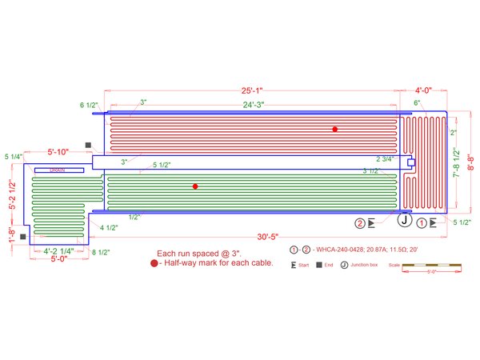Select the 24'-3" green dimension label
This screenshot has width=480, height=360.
(x=253, y=104)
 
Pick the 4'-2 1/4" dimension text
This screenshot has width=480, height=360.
(x=58, y=251)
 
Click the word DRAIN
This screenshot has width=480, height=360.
(x=57, y=170)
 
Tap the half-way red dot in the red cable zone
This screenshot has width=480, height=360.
(x=335, y=129)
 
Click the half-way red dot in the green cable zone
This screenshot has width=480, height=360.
(x=195, y=186)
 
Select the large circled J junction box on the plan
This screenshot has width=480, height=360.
(x=405, y=220)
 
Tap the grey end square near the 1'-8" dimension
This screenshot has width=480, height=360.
(x=23, y=237)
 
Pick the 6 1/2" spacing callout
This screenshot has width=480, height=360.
(x=89, y=105)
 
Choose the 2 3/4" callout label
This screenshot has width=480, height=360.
(x=386, y=159)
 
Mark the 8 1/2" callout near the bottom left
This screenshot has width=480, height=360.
(x=101, y=252)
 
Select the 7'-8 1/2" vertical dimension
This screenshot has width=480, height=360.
(x=457, y=165)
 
